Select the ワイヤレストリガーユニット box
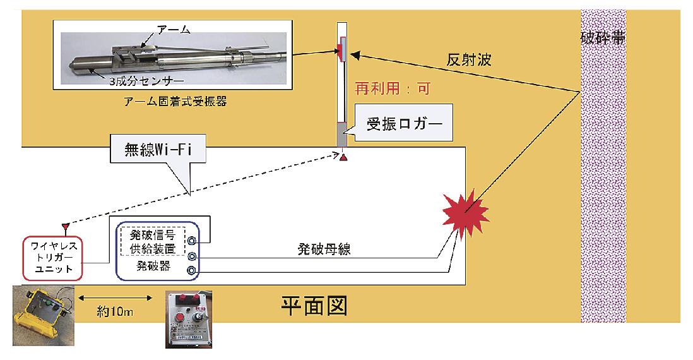(x=52, y=258)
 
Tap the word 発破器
(x=153, y=267)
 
